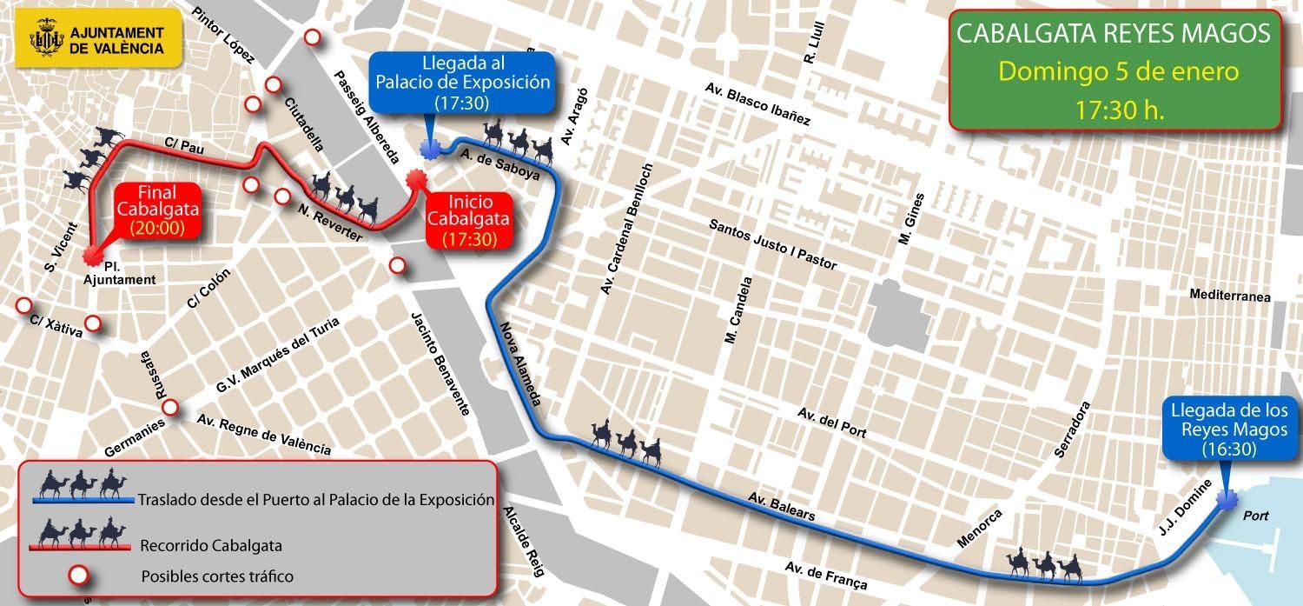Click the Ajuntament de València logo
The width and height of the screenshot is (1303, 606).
click(x=98, y=39)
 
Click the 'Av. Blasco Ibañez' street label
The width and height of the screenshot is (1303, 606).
click(x=757, y=106)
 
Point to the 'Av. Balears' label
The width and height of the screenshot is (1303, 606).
click(x=781, y=507)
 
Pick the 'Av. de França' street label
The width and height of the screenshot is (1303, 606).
click(x=825, y=576)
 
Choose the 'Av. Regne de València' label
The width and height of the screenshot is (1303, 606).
click(x=264, y=434)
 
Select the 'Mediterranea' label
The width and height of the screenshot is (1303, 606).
click(x=1230, y=296)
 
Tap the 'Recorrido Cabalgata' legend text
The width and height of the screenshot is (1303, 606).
click(x=211, y=546)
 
